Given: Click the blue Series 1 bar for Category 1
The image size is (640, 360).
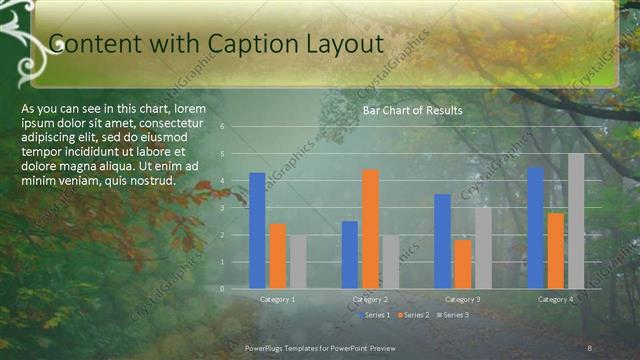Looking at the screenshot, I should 257,231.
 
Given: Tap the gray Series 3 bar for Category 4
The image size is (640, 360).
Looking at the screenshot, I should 576,221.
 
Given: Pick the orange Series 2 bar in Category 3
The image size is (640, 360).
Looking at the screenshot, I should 462,264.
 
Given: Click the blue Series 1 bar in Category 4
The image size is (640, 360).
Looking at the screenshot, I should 535,228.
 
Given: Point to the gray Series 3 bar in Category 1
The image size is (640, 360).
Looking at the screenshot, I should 297,262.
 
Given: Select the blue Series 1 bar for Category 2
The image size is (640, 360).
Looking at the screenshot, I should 350,255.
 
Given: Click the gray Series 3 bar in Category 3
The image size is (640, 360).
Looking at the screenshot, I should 483,248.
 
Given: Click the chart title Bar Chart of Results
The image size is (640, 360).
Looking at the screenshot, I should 412,110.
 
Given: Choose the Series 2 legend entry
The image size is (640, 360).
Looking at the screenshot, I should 414,315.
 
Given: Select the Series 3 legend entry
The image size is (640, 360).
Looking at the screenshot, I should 452,315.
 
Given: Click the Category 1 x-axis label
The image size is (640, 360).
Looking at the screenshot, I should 277,300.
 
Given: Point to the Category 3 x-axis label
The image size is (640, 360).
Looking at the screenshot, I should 462,300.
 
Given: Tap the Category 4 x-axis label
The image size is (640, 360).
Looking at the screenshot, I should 555,300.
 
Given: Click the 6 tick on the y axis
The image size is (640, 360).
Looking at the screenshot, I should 236,127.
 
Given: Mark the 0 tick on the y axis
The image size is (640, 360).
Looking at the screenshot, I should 236,289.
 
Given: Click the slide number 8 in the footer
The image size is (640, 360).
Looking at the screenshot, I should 590,347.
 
